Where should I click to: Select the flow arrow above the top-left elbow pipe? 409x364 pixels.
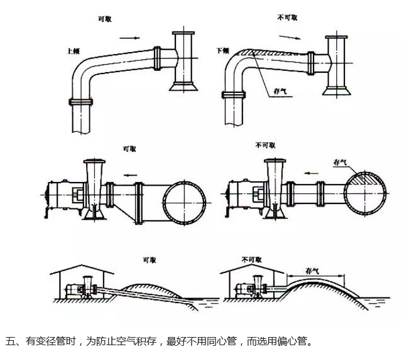click(128, 38)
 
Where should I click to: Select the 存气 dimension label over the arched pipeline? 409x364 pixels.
click(313, 270)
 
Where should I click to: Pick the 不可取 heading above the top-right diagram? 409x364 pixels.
click(286, 19)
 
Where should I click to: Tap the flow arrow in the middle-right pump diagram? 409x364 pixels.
click(309, 171)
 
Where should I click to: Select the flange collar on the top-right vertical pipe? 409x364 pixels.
click(232, 95)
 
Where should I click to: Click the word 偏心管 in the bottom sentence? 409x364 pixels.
click(295, 343)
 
